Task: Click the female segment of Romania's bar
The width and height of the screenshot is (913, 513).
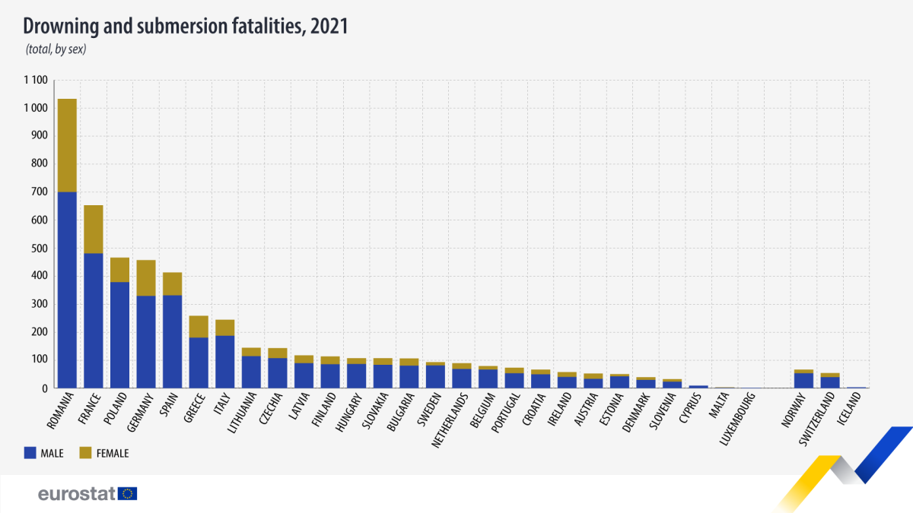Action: (x=67, y=145)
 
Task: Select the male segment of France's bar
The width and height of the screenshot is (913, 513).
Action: (x=94, y=320)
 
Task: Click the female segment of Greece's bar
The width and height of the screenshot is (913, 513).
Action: (x=199, y=326)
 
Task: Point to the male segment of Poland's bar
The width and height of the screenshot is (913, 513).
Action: (x=119, y=334)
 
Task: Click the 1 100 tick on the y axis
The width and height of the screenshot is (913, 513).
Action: (x=35, y=81)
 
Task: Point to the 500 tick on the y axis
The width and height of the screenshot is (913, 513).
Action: (x=39, y=249)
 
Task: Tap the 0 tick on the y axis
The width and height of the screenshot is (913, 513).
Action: (x=44, y=388)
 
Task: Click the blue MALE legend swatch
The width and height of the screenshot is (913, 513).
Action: (x=31, y=453)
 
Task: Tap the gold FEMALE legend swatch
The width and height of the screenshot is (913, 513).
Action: (x=85, y=453)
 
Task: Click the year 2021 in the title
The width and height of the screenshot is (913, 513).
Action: (x=328, y=26)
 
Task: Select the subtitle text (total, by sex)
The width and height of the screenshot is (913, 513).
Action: (x=57, y=50)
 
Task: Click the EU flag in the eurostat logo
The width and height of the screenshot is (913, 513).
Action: (x=128, y=494)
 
